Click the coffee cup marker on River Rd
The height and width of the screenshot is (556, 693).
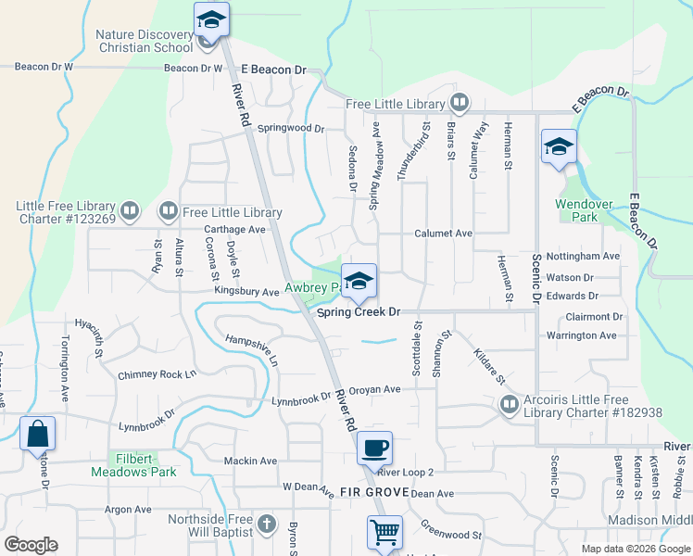click(374, 449)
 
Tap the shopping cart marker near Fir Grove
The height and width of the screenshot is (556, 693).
click(384, 533)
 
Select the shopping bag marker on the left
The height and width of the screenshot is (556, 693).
click(37, 433)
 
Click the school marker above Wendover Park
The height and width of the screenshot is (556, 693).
click(559, 146)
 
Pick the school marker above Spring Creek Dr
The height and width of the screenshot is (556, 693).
click(359, 281)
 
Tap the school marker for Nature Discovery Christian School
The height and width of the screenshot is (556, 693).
click(211, 19)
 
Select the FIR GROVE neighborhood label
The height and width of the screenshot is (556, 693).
click(368, 491)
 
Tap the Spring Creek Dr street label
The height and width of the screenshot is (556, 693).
click(359, 312)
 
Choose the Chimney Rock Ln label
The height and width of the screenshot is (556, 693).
click(157, 374)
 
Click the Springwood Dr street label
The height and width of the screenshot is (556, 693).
click(291, 129)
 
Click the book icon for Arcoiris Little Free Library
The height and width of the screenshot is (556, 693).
click(510, 403)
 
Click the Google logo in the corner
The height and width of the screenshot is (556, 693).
click(31, 545)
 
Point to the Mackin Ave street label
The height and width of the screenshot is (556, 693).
click(250, 461)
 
